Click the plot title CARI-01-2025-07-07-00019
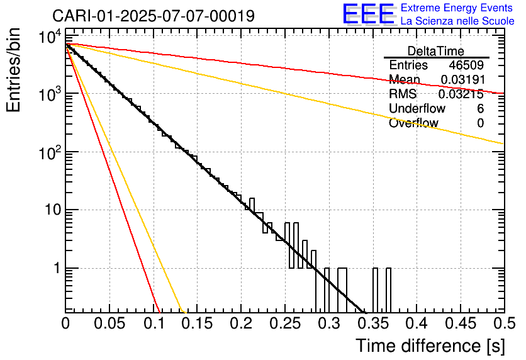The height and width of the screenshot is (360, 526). point(154,16)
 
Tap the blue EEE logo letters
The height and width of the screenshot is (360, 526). point(368,13)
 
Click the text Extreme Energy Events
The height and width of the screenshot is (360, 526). point(457,8)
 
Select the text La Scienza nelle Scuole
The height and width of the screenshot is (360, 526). point(457,21)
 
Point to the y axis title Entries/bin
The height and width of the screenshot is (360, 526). point(13,70)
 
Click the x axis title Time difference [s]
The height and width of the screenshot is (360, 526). point(430,346)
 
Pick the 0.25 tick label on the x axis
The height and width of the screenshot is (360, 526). point(285,323)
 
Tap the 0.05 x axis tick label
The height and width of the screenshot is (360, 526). point(109,323)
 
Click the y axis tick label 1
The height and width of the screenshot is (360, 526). point(57,268)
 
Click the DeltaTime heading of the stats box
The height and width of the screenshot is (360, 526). point(436,51)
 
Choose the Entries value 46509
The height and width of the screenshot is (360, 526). point(466,65)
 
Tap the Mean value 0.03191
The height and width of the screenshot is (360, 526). point(463,79)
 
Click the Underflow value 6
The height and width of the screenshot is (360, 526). point(480,108)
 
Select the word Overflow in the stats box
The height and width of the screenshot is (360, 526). point(413,123)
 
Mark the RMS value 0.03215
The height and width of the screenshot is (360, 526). point(461,94)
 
